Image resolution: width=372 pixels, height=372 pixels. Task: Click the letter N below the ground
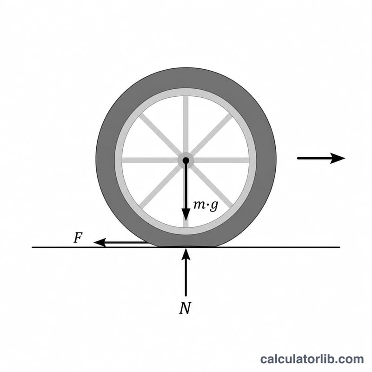click(185, 308)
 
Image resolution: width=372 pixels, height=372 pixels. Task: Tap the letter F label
click(78, 238)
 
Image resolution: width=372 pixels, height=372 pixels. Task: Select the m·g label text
click(206, 205)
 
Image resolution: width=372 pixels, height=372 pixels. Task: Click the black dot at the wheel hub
click(186, 160)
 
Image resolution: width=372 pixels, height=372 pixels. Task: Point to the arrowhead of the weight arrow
click(186, 215)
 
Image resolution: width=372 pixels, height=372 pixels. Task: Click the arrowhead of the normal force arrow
click(186, 254)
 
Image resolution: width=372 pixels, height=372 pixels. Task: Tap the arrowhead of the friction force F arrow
click(100, 242)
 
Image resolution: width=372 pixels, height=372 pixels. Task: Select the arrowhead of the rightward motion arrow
click(338, 158)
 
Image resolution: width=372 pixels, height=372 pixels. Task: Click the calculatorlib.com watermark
click(312, 359)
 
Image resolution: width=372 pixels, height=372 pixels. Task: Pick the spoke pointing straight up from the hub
click(186, 125)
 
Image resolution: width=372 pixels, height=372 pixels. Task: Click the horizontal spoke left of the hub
click(150, 160)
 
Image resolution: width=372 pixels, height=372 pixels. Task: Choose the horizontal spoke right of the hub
click(221, 160)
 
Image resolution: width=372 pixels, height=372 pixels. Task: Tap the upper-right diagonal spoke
click(211, 135)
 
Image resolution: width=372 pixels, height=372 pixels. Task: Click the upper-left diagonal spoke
click(160, 135)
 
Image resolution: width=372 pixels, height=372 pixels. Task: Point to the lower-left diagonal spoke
click(160, 186)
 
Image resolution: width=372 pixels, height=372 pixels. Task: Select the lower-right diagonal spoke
click(211, 186)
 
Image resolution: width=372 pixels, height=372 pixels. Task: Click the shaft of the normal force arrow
click(186, 278)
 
